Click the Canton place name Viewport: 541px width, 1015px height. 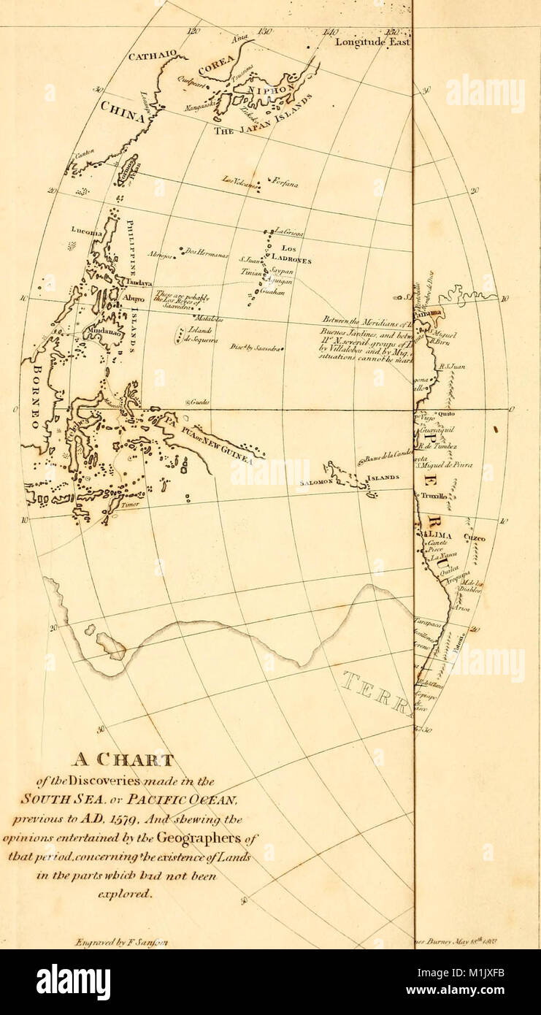pos(85,154)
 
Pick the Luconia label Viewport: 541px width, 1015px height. pos(83,229)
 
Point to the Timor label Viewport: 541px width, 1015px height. pos(130,504)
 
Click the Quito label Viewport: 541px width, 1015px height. pos(445,414)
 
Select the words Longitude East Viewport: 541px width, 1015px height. pos(372,42)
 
